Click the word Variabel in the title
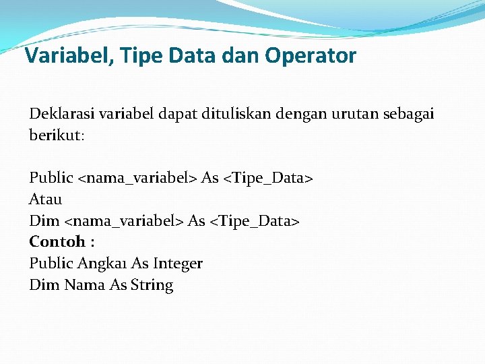pos(61,55)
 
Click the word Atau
pos(46,199)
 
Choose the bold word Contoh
pos(57,241)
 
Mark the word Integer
pos(178,263)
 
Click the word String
pos(152,285)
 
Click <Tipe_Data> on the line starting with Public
pos(268,178)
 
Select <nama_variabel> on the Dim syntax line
pos(124,220)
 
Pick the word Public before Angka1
pos(51,263)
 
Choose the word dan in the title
pos(242,55)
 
